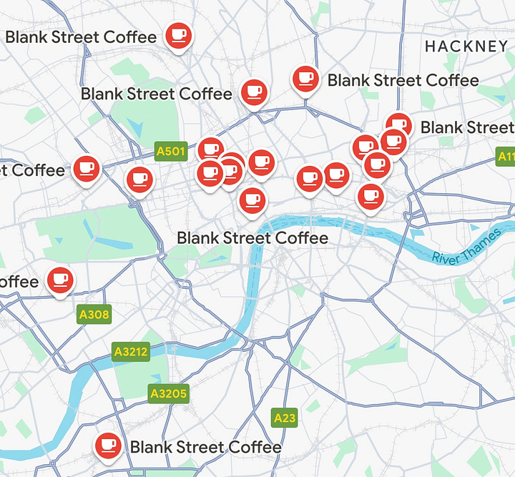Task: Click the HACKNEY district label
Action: (x=466, y=46)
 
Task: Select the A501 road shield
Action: (x=170, y=151)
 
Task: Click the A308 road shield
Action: (x=94, y=313)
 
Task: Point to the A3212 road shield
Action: (x=131, y=352)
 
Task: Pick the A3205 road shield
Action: (x=169, y=393)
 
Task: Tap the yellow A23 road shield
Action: (x=285, y=417)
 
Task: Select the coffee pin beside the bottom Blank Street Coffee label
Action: (x=108, y=446)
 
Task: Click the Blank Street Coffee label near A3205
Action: (x=206, y=448)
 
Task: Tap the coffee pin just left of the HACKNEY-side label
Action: (x=306, y=79)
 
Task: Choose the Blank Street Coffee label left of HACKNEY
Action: (x=403, y=80)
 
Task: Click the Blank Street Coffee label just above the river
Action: (x=252, y=237)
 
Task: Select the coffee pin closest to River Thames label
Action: (x=370, y=195)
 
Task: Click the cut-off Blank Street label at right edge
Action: (x=467, y=127)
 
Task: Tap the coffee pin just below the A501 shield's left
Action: (x=139, y=180)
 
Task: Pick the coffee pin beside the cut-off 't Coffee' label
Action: (x=87, y=168)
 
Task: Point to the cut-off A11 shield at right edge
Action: (x=506, y=156)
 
